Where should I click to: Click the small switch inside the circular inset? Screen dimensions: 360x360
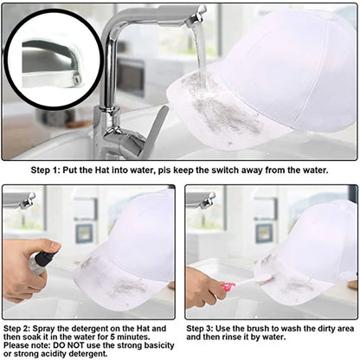(x=76, y=79)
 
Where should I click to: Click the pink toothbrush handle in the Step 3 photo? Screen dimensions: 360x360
(x=228, y=286)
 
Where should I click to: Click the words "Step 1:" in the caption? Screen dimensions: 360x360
(x=45, y=170)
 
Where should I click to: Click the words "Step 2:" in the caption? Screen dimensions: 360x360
(x=17, y=328)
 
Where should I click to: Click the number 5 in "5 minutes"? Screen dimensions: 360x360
(x=112, y=337)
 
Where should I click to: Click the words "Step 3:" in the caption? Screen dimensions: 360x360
(x=200, y=328)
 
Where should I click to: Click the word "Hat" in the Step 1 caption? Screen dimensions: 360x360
(x=102, y=170)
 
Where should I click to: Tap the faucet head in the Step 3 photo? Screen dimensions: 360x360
(x=207, y=200)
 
